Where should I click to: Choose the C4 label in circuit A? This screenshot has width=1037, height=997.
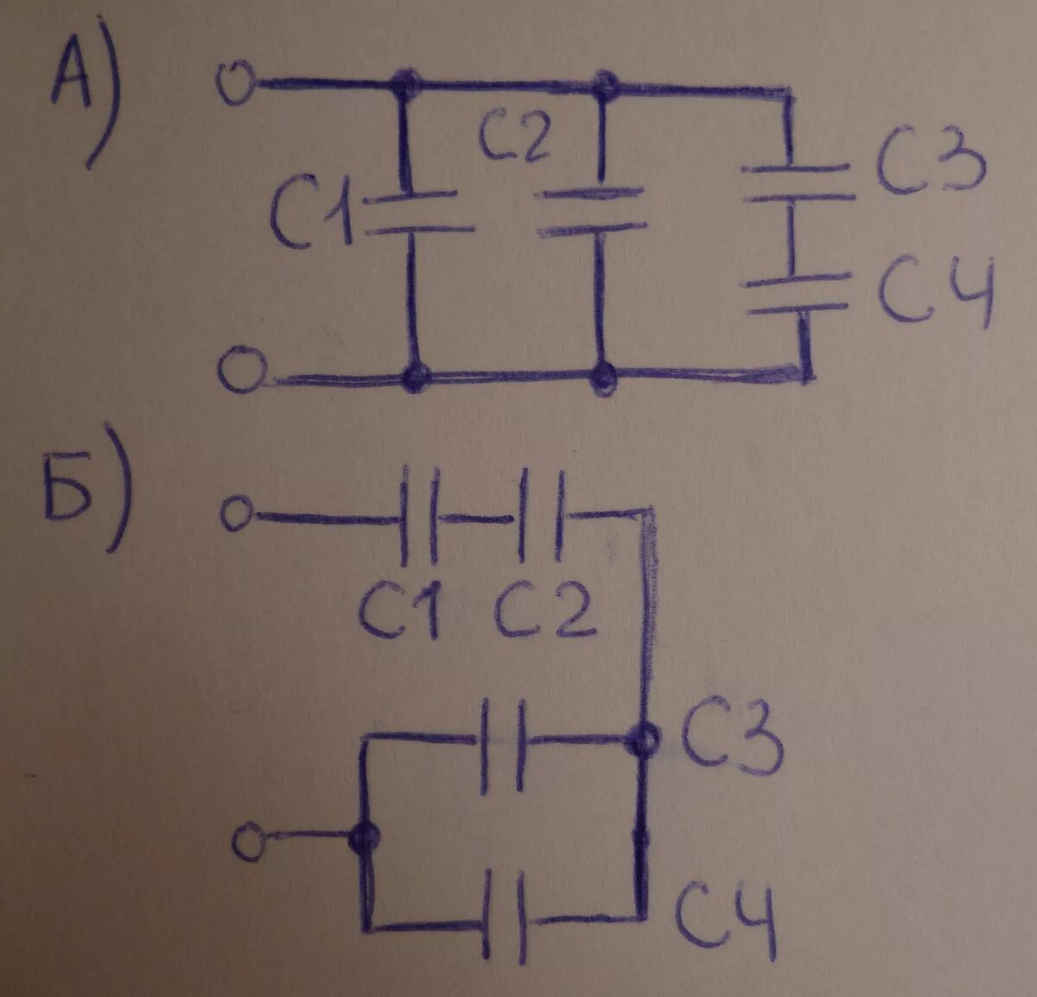937,294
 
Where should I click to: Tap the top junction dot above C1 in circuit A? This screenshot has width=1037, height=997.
404,85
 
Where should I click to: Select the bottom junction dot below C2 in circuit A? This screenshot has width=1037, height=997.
601,377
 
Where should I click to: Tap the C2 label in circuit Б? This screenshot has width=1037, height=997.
544,610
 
